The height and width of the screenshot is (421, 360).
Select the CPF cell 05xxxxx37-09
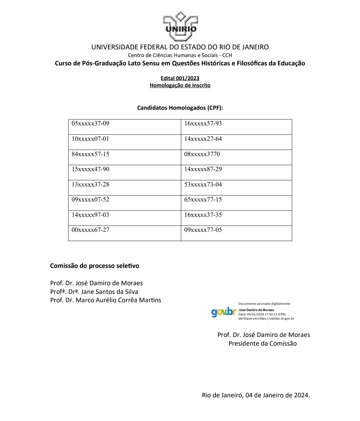[90, 124]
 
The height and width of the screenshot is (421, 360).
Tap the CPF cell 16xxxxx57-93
[203, 124]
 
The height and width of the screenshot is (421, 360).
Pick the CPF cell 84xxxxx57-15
[90, 154]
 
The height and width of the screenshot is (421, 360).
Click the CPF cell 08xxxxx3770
[202, 154]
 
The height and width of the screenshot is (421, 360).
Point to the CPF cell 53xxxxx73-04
[203, 184]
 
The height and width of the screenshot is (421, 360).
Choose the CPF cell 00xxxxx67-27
[90, 230]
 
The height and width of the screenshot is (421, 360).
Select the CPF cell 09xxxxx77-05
[203, 230]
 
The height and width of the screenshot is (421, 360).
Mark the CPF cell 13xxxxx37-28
[90, 184]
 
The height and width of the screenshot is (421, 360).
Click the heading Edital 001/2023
[180, 78]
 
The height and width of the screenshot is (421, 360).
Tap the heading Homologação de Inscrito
[180, 85]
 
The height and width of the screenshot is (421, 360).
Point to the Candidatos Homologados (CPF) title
[180, 108]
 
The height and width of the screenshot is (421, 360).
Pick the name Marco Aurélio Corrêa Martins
[118, 300]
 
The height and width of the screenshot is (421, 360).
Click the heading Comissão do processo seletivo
[94, 266]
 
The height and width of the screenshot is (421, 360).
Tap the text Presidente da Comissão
[262, 343]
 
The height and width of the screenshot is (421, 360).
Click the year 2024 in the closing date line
[301, 395]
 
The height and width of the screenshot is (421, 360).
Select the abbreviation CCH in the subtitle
[227, 55]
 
